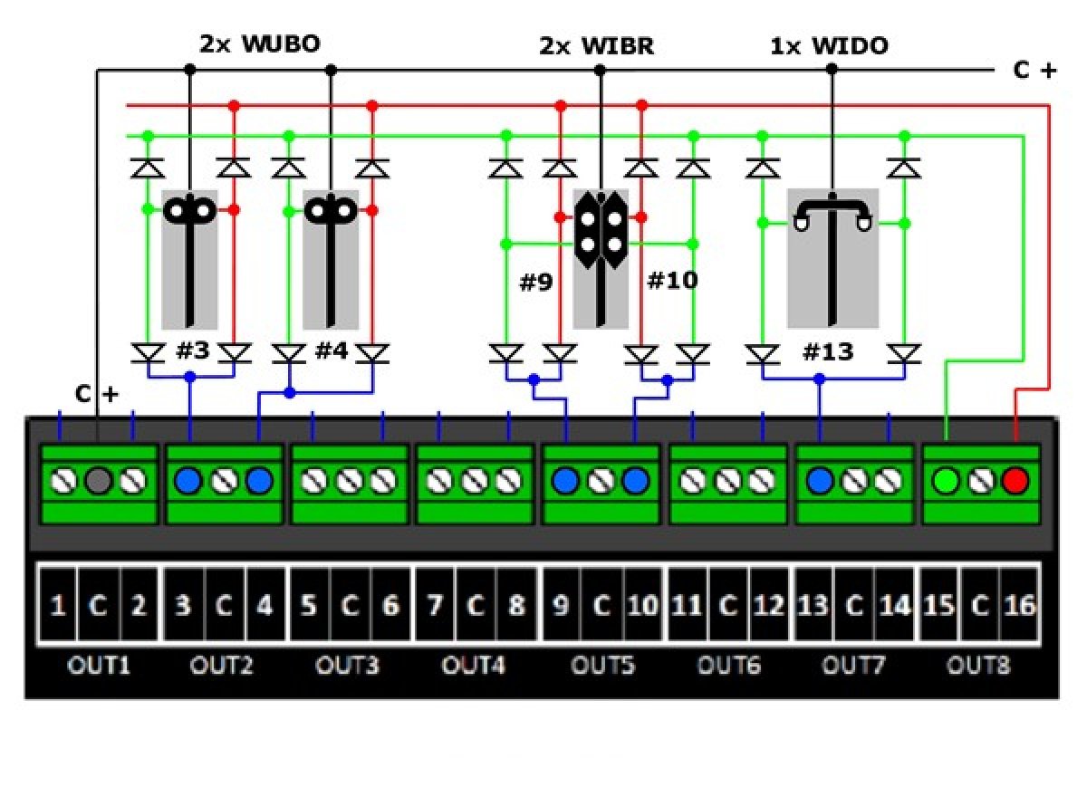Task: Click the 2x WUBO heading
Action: (x=260, y=43)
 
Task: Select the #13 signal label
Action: (x=828, y=351)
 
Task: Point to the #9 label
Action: (x=535, y=282)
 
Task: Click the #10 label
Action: (x=672, y=281)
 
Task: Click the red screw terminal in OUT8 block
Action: (x=1015, y=480)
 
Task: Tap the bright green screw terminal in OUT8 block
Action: (x=947, y=480)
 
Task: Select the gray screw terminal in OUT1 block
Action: (x=98, y=480)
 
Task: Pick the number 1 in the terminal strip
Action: (x=57, y=605)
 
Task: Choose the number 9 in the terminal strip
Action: (x=561, y=605)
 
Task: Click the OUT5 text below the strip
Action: (x=602, y=667)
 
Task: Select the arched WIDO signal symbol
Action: (x=832, y=213)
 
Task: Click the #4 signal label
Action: (x=332, y=350)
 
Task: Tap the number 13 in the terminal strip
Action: (x=813, y=605)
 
